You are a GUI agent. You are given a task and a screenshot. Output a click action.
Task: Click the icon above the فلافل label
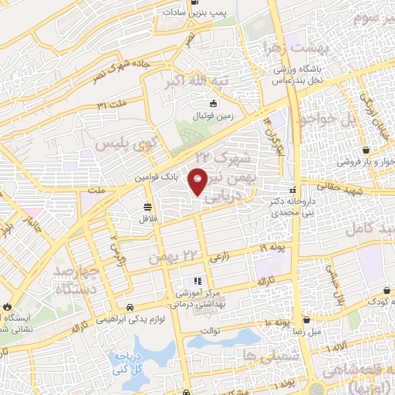tap(147, 206)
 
